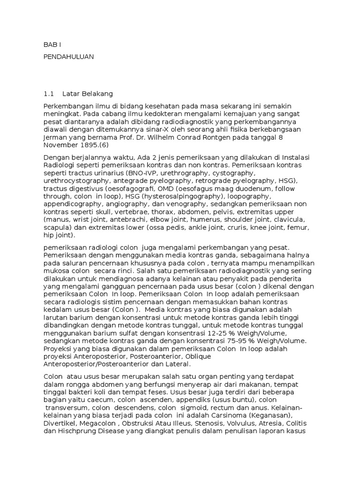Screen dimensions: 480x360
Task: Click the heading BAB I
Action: pyautogui.click(x=52, y=45)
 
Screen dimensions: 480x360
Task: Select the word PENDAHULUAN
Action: pyautogui.click(x=68, y=57)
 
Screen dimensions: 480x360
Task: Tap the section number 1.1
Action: pyautogui.click(x=49, y=93)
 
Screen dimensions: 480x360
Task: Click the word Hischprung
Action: pyautogui.click(x=78, y=431)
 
